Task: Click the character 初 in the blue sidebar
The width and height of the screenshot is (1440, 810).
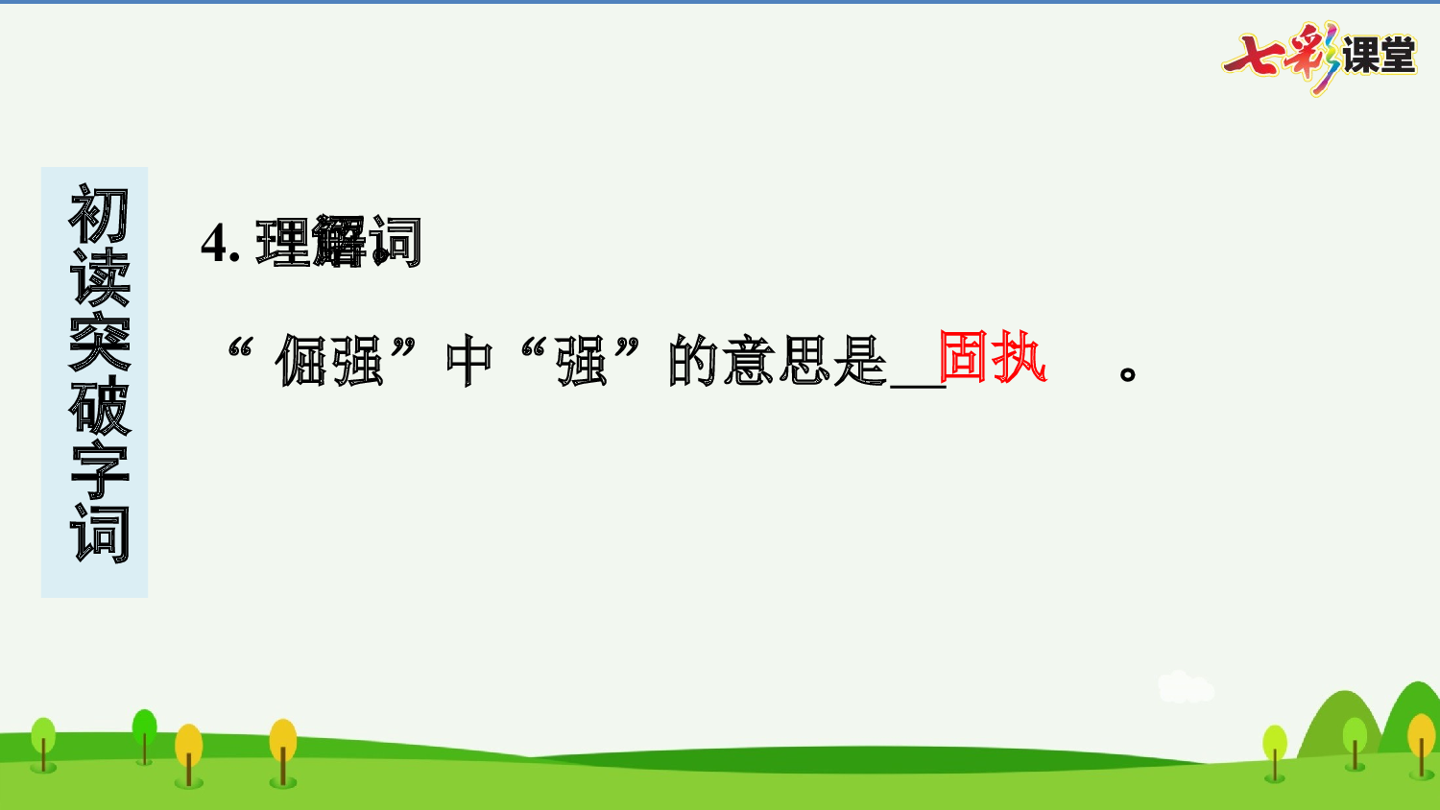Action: [x=99, y=215]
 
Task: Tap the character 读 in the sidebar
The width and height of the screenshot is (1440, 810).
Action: [x=99, y=278]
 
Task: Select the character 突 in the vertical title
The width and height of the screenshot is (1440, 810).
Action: [x=99, y=342]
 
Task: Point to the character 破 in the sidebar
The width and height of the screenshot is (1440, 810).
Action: [x=99, y=406]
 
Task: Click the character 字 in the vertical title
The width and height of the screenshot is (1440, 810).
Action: [x=99, y=470]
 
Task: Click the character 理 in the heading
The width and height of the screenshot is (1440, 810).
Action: [x=282, y=243]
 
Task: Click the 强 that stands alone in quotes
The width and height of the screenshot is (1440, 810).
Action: [x=583, y=362]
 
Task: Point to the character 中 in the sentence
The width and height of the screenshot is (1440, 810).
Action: [x=469, y=362]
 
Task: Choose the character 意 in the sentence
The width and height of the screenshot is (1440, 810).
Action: [x=751, y=362]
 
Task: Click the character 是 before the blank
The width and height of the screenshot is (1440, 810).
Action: [x=860, y=362]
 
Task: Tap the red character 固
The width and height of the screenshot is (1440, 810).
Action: [x=966, y=357]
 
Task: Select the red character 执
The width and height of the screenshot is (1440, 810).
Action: [x=1020, y=357]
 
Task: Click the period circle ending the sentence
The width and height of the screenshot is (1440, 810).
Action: [x=1129, y=373]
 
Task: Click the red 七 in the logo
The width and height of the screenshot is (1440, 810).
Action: [x=1253, y=56]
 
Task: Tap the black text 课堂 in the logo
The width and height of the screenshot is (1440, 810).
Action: [x=1379, y=56]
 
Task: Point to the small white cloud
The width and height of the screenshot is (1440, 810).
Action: [x=1185, y=687]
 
